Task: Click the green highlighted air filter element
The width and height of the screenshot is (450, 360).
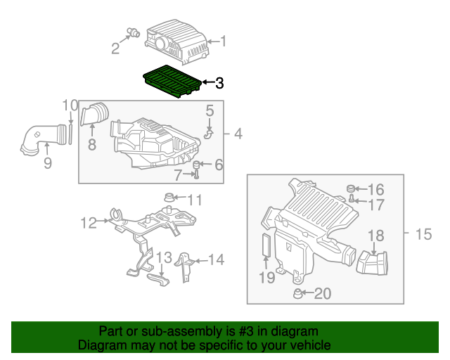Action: (x=172, y=81)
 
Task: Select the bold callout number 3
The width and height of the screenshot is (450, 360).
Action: (x=219, y=83)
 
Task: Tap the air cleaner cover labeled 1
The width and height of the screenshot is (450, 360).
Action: (x=177, y=41)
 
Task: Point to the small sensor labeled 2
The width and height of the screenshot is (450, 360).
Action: (x=134, y=32)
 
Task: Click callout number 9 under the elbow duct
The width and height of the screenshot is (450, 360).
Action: (x=48, y=163)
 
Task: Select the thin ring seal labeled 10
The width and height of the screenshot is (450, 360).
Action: (x=70, y=134)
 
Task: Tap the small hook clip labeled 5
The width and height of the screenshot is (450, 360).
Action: (x=209, y=134)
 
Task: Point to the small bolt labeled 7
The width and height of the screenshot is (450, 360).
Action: (x=197, y=174)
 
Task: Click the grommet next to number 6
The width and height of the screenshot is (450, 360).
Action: (x=197, y=165)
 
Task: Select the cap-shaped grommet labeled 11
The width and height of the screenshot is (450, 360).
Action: (x=169, y=198)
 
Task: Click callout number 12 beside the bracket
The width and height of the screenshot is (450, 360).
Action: (x=89, y=222)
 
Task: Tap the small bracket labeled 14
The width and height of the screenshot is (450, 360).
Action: (x=184, y=267)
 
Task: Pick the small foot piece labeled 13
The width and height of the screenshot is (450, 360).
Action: (x=158, y=280)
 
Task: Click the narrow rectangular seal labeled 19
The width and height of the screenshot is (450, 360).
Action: (x=266, y=244)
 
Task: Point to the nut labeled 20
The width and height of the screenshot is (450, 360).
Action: (x=297, y=293)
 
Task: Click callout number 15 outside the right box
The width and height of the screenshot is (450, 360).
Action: (x=423, y=234)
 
